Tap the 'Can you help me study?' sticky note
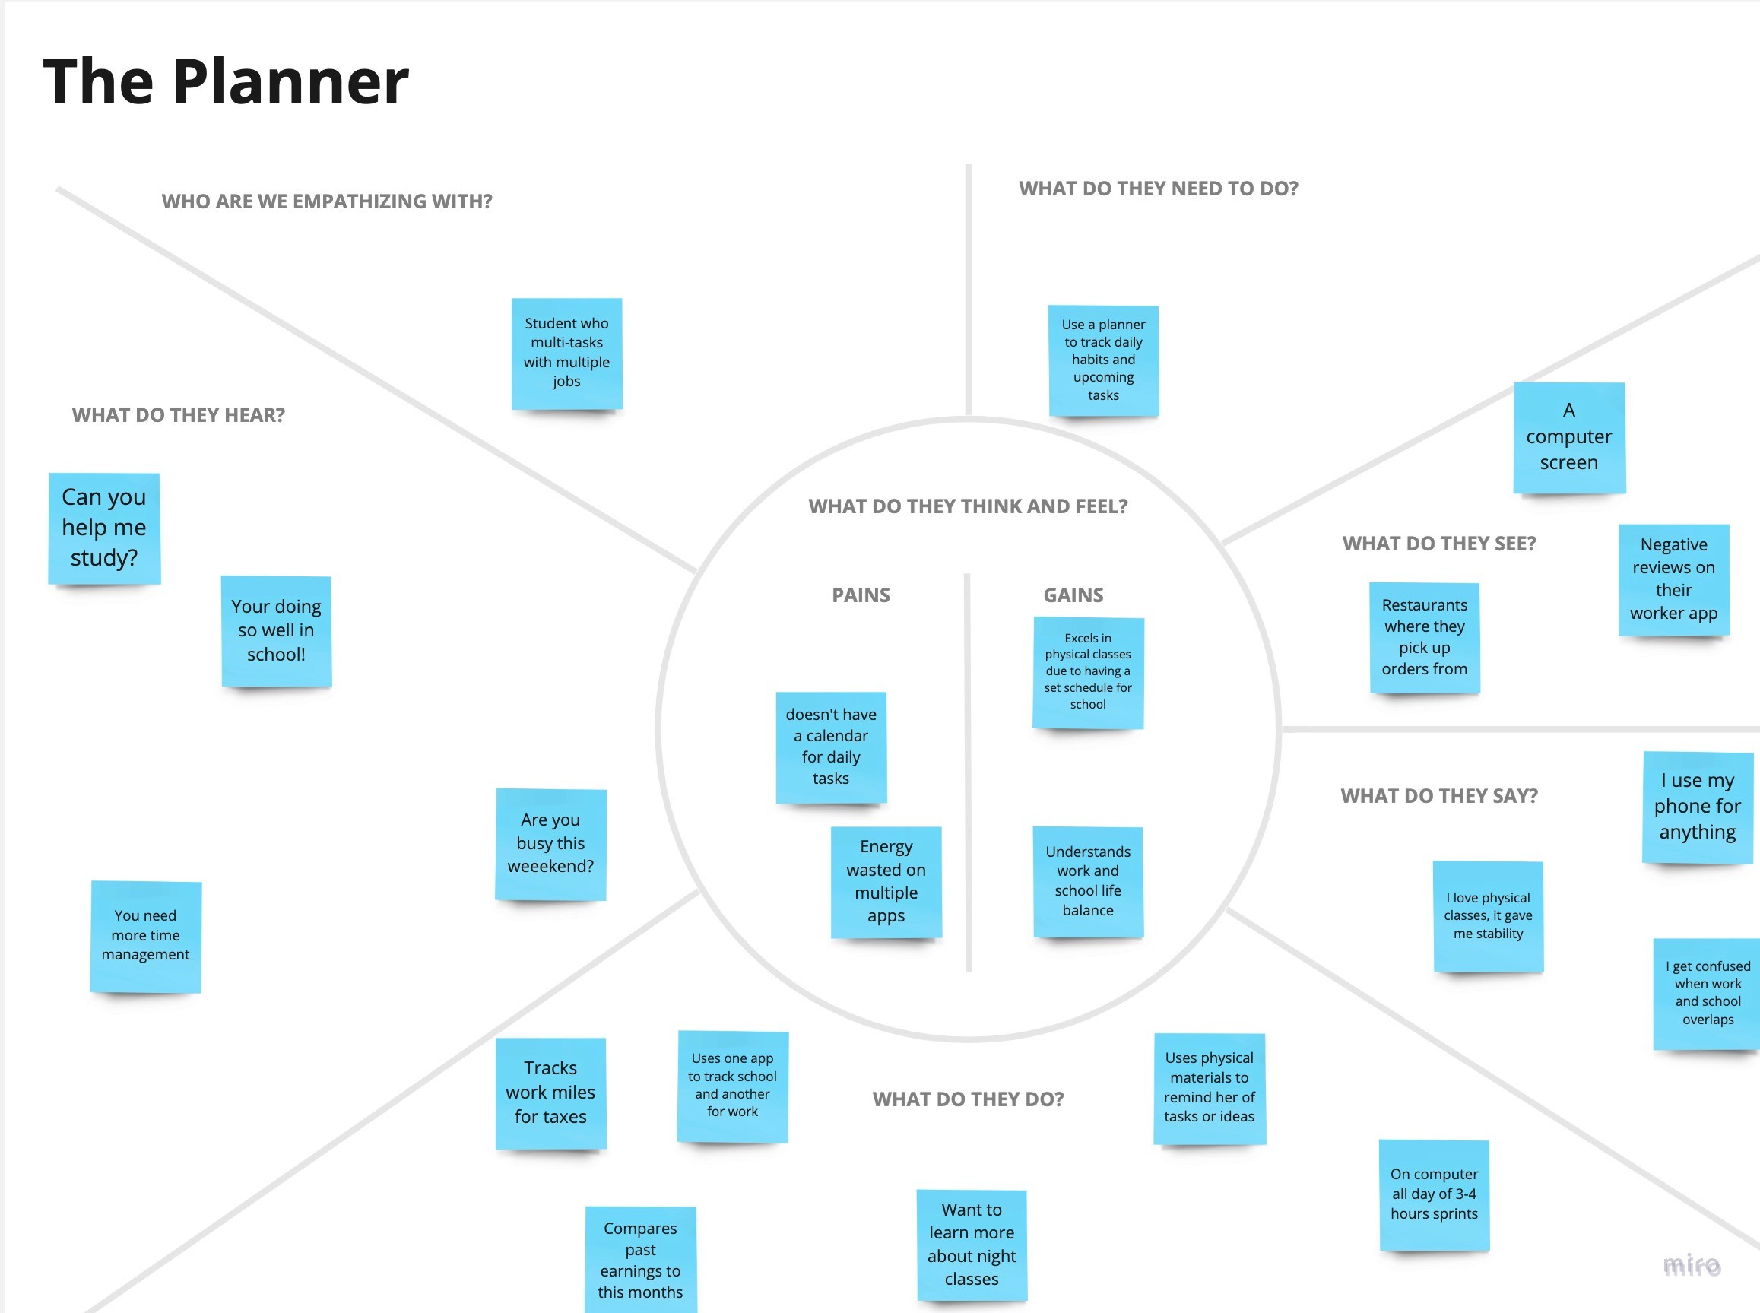pyautogui.click(x=104, y=528)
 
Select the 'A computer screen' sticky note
pyautogui.click(x=1568, y=437)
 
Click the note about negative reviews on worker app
pyautogui.click(x=1673, y=579)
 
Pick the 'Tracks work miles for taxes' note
pyautogui.click(x=550, y=1092)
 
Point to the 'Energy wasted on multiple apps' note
pyautogui.click(x=886, y=881)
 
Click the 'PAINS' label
pyautogui.click(x=861, y=595)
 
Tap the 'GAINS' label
pyautogui.click(x=1073, y=595)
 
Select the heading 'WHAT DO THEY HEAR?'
pyautogui.click(x=178, y=415)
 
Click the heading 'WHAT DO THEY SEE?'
pyautogui.click(x=1439, y=544)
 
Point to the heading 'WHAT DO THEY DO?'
pyautogui.click(x=968, y=1099)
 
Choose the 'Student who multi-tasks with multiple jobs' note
pyautogui.click(x=566, y=353)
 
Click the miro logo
pyautogui.click(x=1692, y=1264)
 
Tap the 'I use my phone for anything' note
pyautogui.click(x=1697, y=807)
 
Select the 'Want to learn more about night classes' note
pyautogui.click(x=971, y=1245)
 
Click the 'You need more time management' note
pyautogui.click(x=145, y=935)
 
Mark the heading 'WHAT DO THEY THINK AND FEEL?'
pyautogui.click(x=968, y=506)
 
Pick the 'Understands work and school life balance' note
pyautogui.click(x=1088, y=881)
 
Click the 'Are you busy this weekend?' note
pyautogui.click(x=550, y=843)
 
